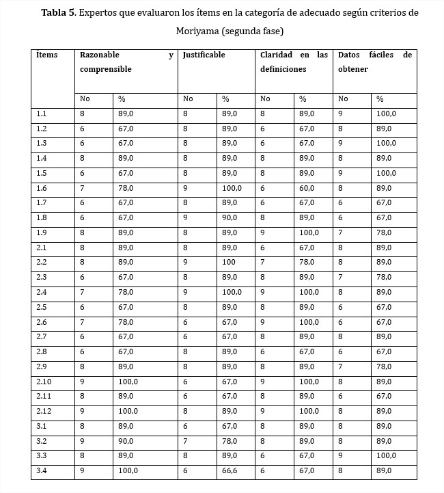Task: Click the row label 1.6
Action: (x=42, y=188)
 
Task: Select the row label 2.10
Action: (x=44, y=382)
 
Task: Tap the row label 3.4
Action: (x=42, y=470)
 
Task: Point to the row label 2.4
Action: (x=42, y=292)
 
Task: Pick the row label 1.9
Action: (x=42, y=232)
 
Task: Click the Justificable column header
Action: (x=204, y=55)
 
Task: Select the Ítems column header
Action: (x=47, y=55)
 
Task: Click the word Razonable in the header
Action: (x=100, y=55)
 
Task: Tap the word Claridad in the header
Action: (x=276, y=55)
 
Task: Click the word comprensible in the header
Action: (x=105, y=70)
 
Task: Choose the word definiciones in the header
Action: (x=283, y=70)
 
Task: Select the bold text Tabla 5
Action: (x=57, y=13)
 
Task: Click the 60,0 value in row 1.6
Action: (x=307, y=188)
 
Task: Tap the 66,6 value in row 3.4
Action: (x=230, y=470)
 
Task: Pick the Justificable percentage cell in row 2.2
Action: (x=227, y=263)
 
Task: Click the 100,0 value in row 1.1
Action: (x=386, y=114)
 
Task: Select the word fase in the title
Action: (x=267, y=31)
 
